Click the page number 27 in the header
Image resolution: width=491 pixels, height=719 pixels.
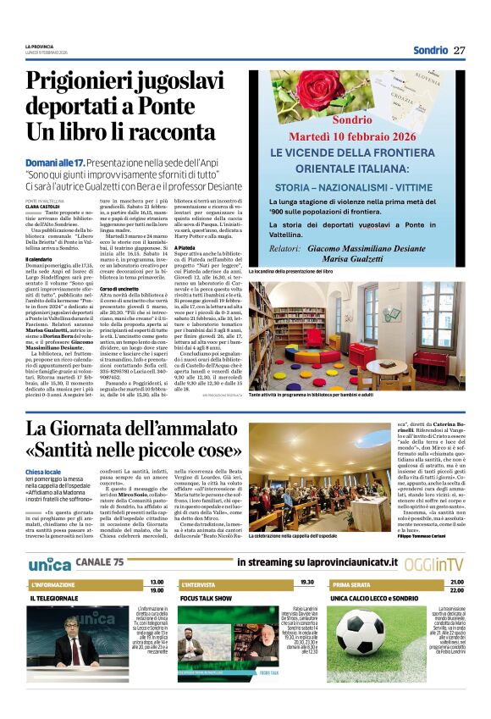(x=460, y=50)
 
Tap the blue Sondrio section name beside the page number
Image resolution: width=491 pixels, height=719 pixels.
(x=430, y=50)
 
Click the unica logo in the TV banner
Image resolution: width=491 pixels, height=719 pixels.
(x=49, y=562)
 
